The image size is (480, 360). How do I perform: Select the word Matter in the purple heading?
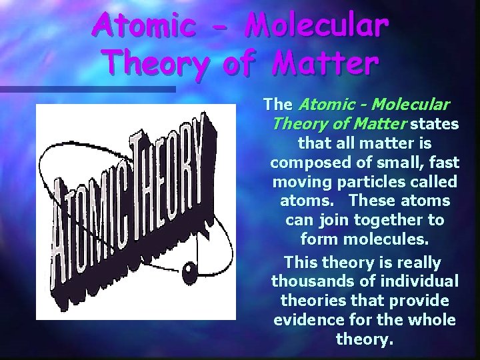[325, 65]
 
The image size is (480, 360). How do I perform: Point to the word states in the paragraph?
[434, 124]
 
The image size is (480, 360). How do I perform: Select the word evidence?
[307, 320]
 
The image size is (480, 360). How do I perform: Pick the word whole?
[432, 320]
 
